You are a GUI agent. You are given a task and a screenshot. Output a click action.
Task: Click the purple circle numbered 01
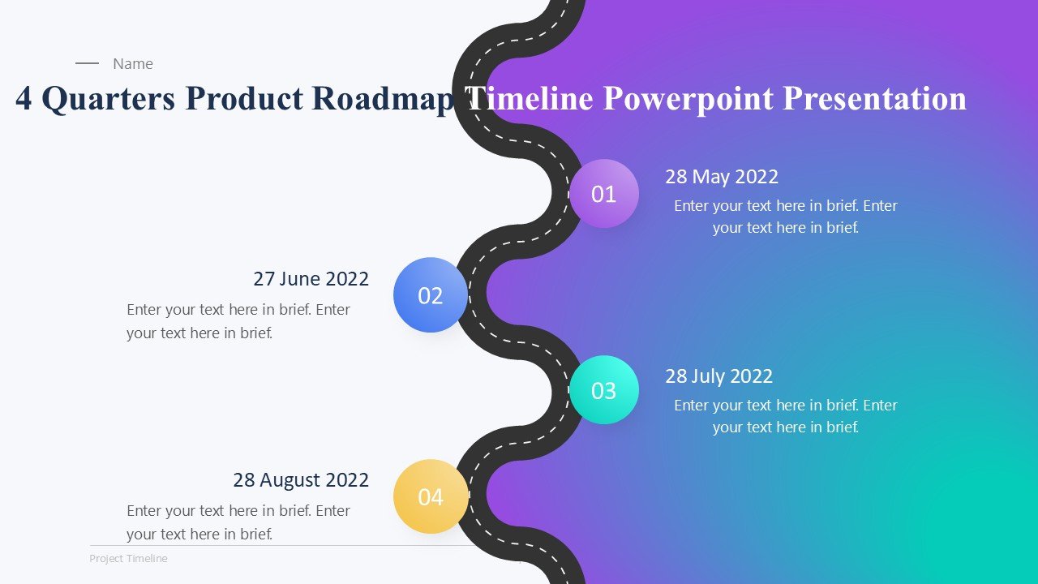[x=604, y=194]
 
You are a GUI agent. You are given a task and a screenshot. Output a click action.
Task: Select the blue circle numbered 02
[x=431, y=295]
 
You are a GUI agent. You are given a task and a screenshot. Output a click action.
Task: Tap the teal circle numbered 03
[x=604, y=390]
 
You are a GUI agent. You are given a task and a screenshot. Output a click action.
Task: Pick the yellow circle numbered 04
[x=431, y=496]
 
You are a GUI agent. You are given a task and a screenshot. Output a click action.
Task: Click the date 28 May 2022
[x=722, y=177]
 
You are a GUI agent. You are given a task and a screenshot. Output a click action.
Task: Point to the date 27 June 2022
[x=311, y=279]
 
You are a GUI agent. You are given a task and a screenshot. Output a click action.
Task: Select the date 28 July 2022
[x=718, y=376]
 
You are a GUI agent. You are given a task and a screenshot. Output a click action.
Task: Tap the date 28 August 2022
[x=301, y=480]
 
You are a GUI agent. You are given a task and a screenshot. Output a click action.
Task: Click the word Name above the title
[x=133, y=64]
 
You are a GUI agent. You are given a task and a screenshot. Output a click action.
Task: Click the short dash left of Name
[x=87, y=63]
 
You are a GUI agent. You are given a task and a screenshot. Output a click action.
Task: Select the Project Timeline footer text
[x=128, y=559]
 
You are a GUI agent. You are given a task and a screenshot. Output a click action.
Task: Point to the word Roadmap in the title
[x=381, y=99]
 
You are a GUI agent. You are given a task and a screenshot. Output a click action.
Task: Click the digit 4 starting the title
[x=24, y=99]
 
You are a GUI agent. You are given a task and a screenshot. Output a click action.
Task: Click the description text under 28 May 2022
[x=785, y=217]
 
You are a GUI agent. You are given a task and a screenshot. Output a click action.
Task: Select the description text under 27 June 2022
[x=238, y=321]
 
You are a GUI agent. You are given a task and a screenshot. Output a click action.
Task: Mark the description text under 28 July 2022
[x=785, y=416]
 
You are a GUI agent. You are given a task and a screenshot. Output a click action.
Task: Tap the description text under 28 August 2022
[x=238, y=522]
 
